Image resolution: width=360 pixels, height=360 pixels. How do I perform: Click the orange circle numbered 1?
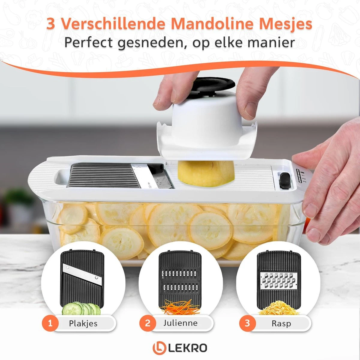coord(50,323)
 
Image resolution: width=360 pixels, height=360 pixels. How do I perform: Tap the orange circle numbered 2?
coord(148,323)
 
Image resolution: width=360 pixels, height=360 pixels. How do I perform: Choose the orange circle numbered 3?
coord(247,323)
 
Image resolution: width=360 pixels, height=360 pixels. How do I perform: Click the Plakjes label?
coord(83,323)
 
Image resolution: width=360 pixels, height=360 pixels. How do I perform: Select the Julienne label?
coord(181,323)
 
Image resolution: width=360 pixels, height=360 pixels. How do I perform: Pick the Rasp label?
coord(281,324)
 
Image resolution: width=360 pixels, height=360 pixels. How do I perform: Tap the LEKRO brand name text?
coord(187,348)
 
